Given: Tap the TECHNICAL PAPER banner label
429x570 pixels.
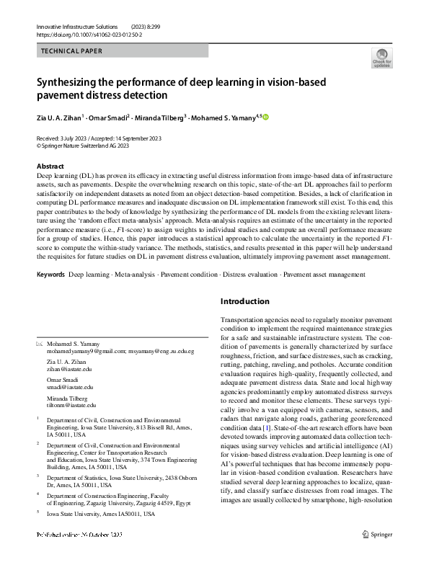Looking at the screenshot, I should [71, 51].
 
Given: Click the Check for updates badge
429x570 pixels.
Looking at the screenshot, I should [381, 59].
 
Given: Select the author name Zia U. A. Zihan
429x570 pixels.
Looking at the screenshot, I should [60, 117].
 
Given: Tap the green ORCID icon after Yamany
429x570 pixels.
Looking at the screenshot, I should [265, 117].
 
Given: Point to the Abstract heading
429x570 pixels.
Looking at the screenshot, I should [50, 166].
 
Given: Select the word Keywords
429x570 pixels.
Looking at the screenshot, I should [50, 275].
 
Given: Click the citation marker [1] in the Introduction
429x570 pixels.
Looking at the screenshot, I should [286, 427].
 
